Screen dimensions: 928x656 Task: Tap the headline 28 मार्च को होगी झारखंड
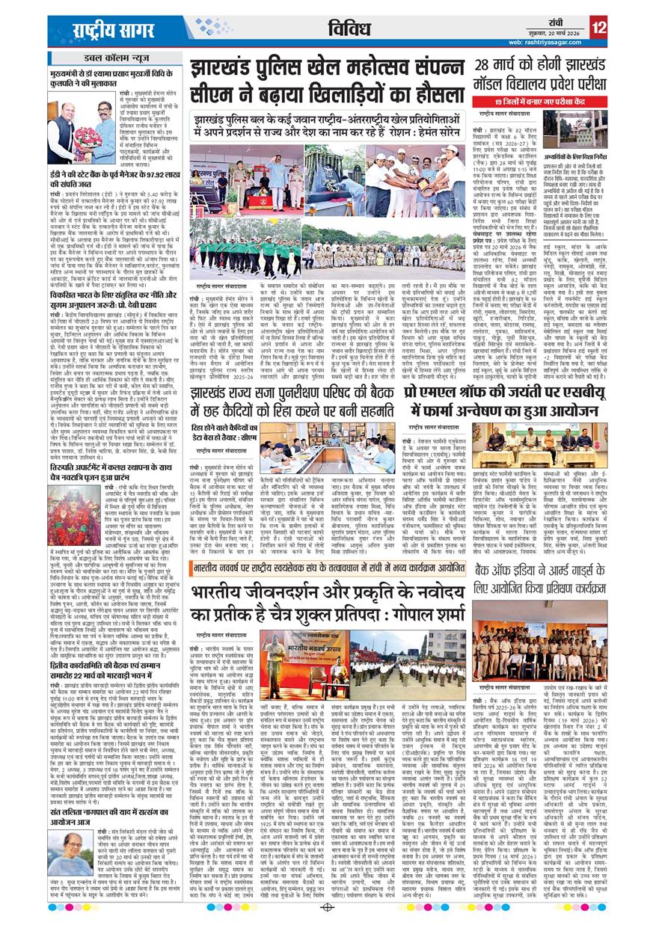pyautogui.click(x=554, y=65)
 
